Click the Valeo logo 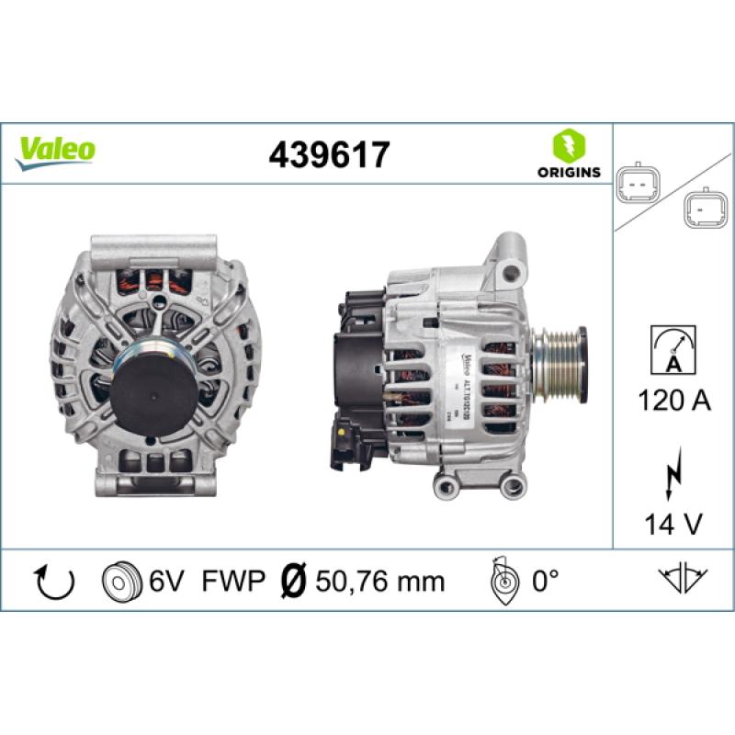56,149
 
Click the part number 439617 329,153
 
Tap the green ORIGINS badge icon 568,146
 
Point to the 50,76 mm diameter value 380,581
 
